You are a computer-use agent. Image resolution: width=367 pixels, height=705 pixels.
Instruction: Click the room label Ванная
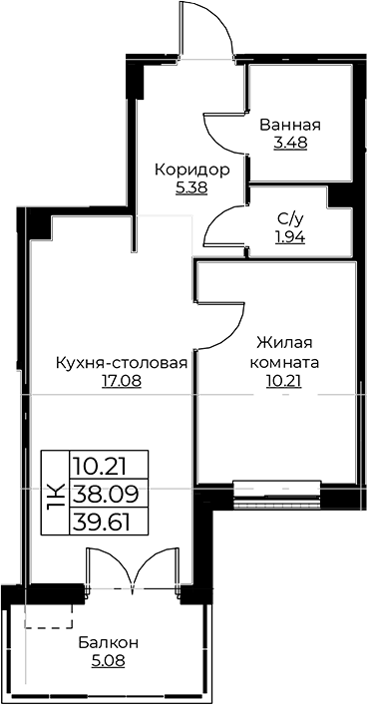(x=289, y=125)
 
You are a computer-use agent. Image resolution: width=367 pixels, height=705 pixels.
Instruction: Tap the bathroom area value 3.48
(x=289, y=142)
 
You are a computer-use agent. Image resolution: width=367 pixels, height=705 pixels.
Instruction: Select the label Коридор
(x=191, y=170)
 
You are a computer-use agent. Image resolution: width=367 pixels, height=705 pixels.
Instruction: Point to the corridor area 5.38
(x=191, y=186)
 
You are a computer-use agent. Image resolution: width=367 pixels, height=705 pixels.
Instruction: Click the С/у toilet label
(x=290, y=220)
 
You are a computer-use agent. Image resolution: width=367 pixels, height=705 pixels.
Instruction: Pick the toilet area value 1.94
(x=290, y=237)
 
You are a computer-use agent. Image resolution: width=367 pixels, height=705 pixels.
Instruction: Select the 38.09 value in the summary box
(x=106, y=493)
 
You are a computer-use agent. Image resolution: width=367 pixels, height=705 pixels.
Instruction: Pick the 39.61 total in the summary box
(x=106, y=519)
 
